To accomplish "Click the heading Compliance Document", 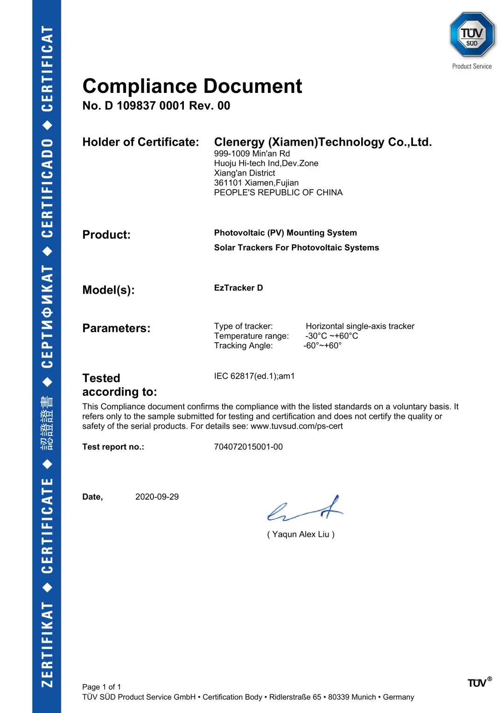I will pyautogui.click(x=192, y=86).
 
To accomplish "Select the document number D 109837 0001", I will pyautogui.click(x=145, y=106).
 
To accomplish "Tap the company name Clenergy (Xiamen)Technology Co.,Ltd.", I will pyautogui.click(x=323, y=142).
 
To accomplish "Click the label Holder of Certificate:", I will pyautogui.click(x=140, y=142).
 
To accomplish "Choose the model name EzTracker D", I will pyautogui.click(x=238, y=288).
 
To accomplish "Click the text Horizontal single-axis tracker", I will pyautogui.click(x=360, y=326).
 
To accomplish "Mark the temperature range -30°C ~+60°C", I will pyautogui.click(x=331, y=336).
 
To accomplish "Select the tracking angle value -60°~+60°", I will pyautogui.click(x=322, y=346).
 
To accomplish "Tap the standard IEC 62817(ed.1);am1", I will pyautogui.click(x=254, y=376).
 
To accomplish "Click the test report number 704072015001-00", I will pyautogui.click(x=248, y=447).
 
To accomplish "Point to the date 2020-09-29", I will pyautogui.click(x=157, y=497).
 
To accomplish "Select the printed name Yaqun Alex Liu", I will pyautogui.click(x=301, y=535).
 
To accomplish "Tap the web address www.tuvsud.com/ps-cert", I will pyautogui.click(x=296, y=426).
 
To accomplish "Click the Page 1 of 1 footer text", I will pyautogui.click(x=101, y=687).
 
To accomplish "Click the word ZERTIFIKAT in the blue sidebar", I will pyautogui.click(x=47, y=645).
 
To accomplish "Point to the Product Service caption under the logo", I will pyautogui.click(x=472, y=66).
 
